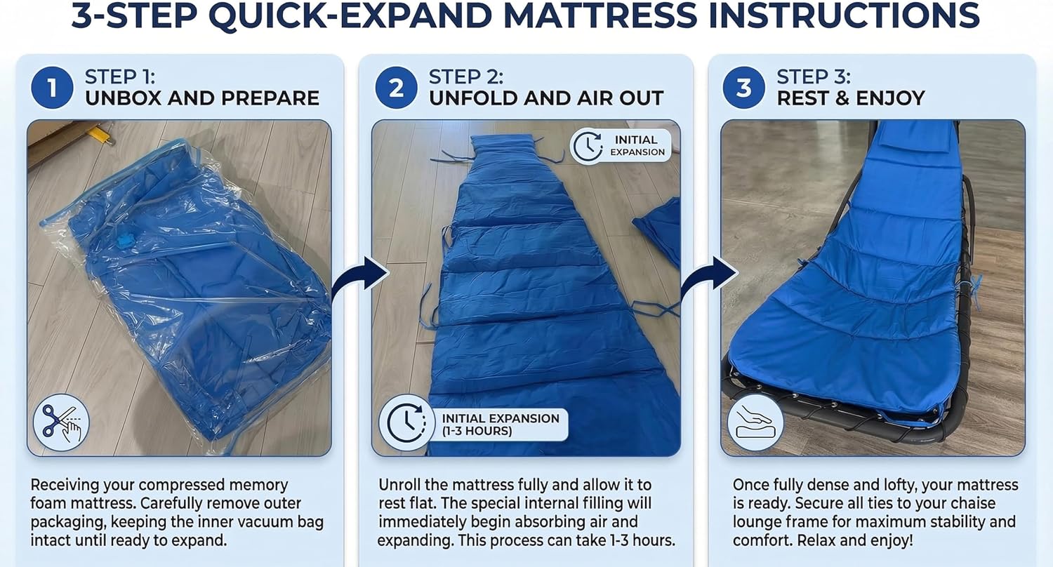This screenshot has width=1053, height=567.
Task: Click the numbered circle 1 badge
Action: pyautogui.click(x=52, y=88)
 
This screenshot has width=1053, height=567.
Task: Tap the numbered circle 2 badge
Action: pyautogui.click(x=397, y=88)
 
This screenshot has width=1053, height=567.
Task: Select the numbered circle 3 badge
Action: pyautogui.click(x=744, y=88)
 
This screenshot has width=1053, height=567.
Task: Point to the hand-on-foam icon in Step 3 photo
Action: pyautogui.click(x=755, y=422)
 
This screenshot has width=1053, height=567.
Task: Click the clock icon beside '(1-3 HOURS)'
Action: pyautogui.click(x=406, y=423)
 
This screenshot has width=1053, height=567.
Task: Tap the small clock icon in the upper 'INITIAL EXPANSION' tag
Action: pyautogui.click(x=588, y=146)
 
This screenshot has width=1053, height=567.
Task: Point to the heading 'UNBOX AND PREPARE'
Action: pyautogui.click(x=202, y=98)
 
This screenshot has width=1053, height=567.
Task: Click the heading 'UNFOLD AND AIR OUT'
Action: pyautogui.click(x=545, y=98)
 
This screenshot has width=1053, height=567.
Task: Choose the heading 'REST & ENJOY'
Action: pyautogui.click(x=850, y=98)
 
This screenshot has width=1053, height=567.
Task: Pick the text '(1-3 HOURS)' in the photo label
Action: pyautogui.click(x=477, y=432)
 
